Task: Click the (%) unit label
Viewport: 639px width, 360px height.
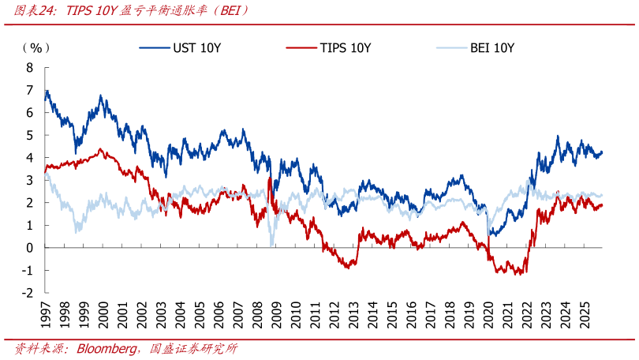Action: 35,48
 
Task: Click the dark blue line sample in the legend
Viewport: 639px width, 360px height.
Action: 155,47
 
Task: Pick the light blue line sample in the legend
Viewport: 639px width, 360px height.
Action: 450,47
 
